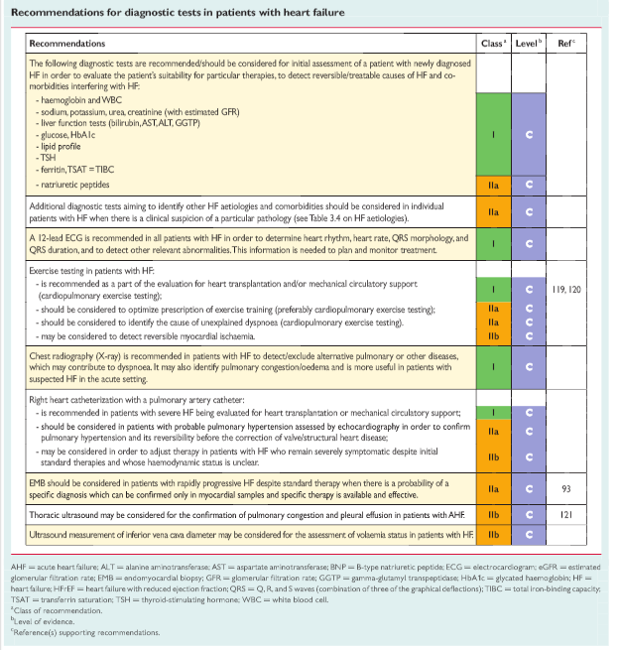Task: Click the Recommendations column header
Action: [67, 44]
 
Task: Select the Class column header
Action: [493, 44]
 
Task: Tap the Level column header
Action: [531, 44]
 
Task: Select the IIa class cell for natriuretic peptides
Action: [493, 185]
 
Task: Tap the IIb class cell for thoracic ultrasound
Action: [493, 515]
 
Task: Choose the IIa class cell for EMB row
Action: [493, 488]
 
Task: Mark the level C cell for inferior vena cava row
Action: [531, 534]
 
